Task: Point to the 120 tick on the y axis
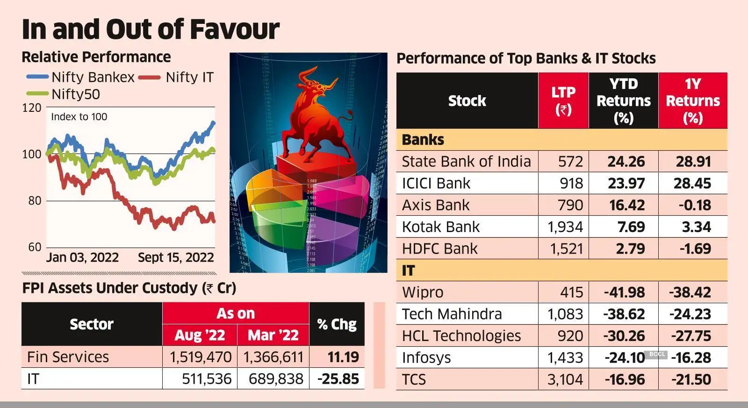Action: click(32, 108)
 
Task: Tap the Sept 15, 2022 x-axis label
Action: click(176, 258)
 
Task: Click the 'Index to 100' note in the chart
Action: click(79, 117)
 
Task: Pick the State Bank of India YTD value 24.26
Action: click(626, 162)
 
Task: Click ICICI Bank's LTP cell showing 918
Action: click(571, 183)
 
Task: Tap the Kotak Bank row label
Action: click(441, 227)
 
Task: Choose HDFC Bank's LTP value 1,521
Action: click(566, 249)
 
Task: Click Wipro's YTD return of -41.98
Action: click(624, 292)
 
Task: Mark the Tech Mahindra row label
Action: click(452, 314)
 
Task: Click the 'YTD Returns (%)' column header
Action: click(623, 101)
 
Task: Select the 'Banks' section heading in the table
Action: click(423, 140)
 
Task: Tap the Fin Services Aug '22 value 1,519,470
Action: click(200, 357)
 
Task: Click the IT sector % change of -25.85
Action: click(338, 379)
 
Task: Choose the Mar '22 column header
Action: click(273, 335)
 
